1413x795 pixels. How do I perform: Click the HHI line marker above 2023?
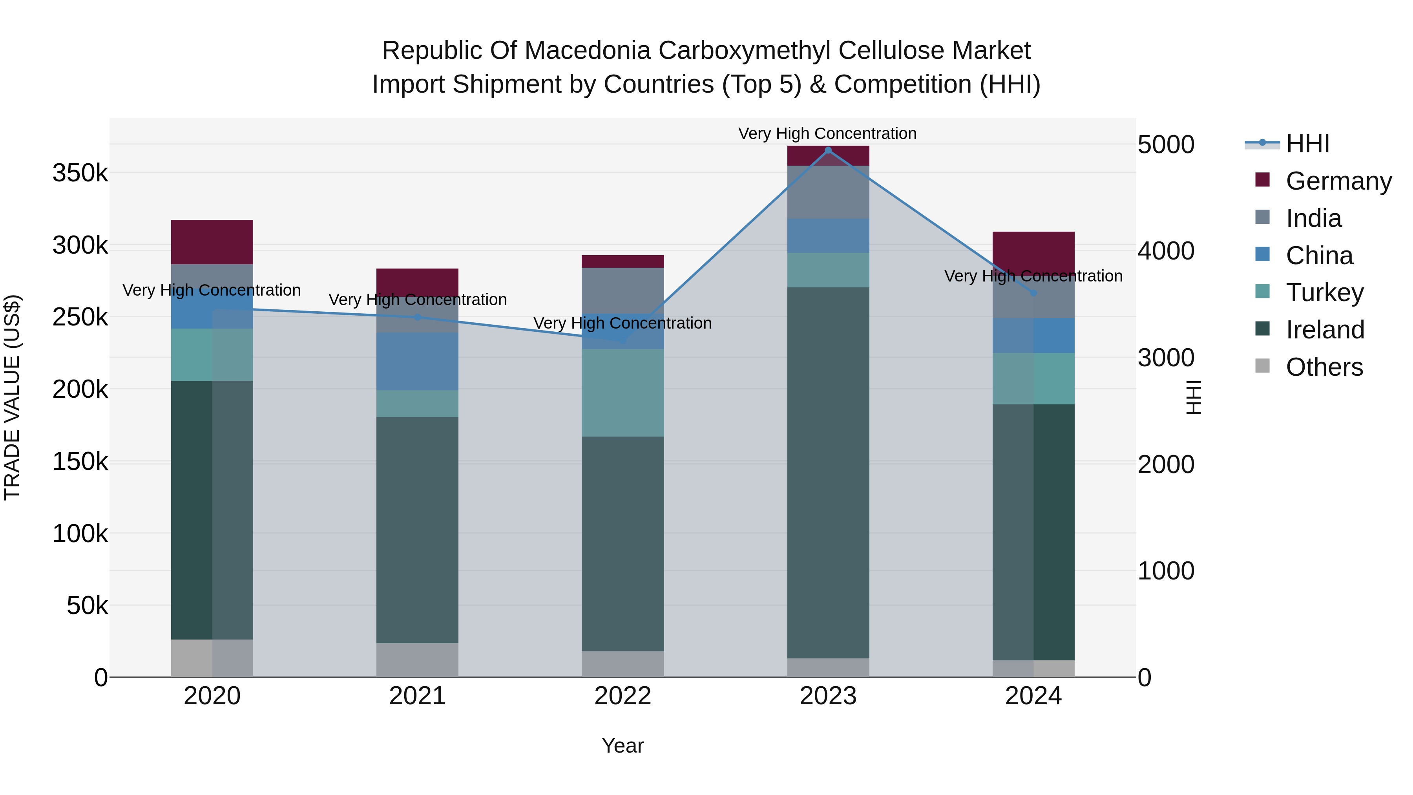pyautogui.click(x=828, y=150)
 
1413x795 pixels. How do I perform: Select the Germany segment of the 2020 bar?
pyautogui.click(x=212, y=242)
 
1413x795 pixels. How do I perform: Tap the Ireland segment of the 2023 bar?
pyautogui.click(x=828, y=472)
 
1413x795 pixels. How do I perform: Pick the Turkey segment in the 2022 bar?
pyautogui.click(x=623, y=392)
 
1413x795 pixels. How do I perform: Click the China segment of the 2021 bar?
pyautogui.click(x=417, y=361)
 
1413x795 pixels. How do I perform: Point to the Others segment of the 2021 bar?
pyautogui.click(x=417, y=660)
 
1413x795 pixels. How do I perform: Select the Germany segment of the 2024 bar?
pyautogui.click(x=1033, y=250)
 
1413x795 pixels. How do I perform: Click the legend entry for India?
pyautogui.click(x=1313, y=218)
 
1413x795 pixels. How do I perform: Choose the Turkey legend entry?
pyautogui.click(x=1324, y=292)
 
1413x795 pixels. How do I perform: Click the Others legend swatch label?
pyautogui.click(x=1324, y=367)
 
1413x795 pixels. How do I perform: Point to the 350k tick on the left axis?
pyautogui.click(x=80, y=174)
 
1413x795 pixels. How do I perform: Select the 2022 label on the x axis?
pyautogui.click(x=623, y=696)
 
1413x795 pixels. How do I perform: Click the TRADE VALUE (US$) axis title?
pyautogui.click(x=12, y=397)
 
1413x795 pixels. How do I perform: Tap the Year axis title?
pyautogui.click(x=623, y=746)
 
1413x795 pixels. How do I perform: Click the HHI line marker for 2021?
pyautogui.click(x=417, y=317)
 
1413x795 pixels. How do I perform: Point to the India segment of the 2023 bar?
pyautogui.click(x=828, y=192)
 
